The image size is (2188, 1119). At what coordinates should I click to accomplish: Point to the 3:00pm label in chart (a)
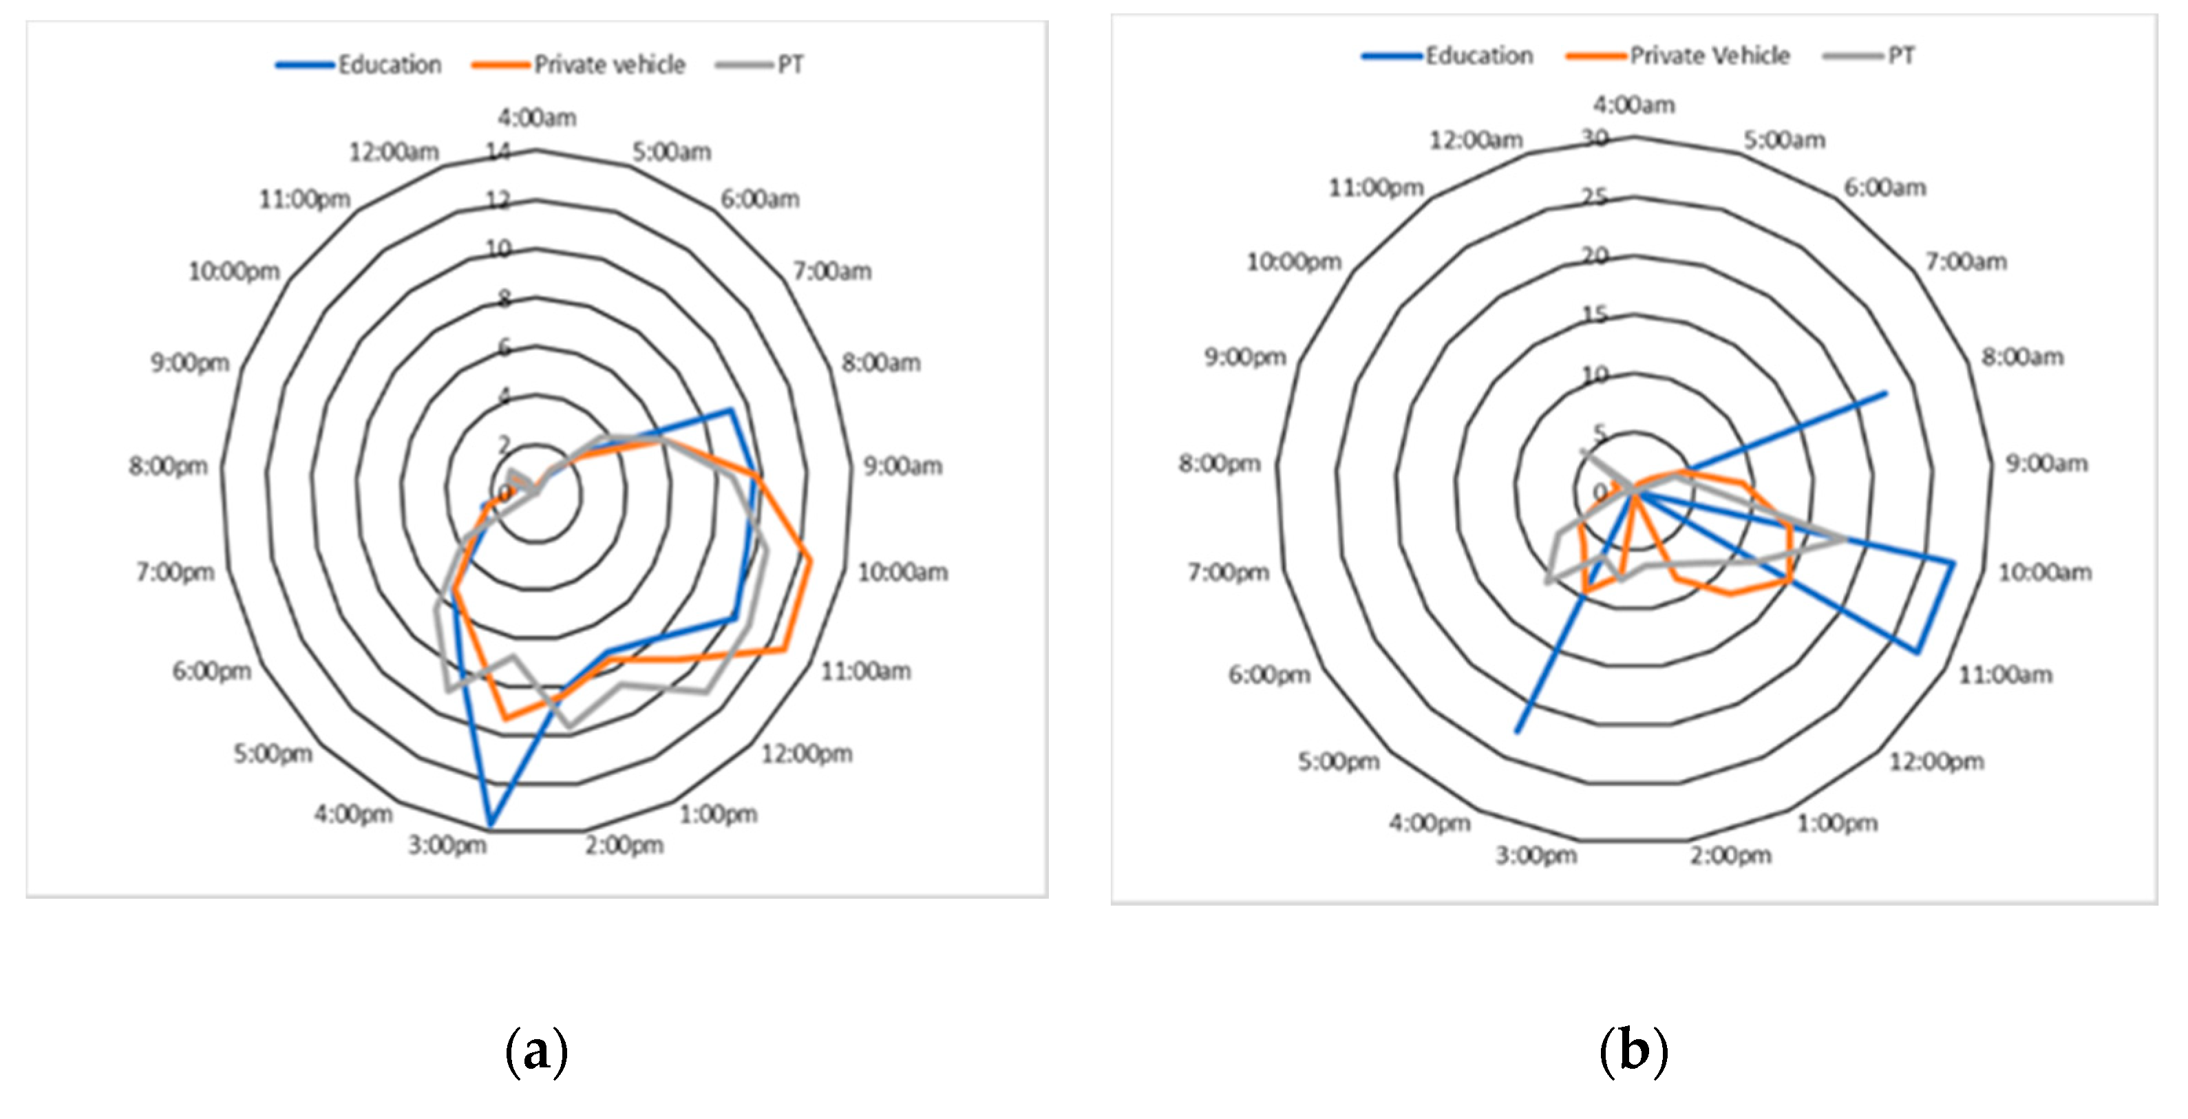point(447,845)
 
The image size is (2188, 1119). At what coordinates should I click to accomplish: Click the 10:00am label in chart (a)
point(902,573)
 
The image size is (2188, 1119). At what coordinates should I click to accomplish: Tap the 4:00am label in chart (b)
point(1633,105)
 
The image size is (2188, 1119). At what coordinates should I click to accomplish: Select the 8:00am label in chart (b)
point(2021,356)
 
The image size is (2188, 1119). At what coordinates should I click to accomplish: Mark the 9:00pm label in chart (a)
point(190,363)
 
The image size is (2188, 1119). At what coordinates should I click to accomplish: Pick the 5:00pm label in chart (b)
point(1338,762)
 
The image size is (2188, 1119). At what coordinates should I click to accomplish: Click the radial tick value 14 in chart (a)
point(498,152)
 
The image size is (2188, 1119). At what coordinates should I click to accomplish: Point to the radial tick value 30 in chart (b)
point(1595,138)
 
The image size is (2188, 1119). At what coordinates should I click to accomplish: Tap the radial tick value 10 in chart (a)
point(498,248)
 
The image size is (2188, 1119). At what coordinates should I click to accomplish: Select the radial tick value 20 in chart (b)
point(1595,255)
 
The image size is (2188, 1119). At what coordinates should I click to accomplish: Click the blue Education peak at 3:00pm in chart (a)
point(490,824)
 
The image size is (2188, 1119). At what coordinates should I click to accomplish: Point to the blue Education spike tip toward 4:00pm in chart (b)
point(1517,731)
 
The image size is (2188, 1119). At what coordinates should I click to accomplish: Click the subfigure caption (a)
point(536,1052)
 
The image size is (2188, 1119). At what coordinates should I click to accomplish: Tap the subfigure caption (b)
point(1633,1052)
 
